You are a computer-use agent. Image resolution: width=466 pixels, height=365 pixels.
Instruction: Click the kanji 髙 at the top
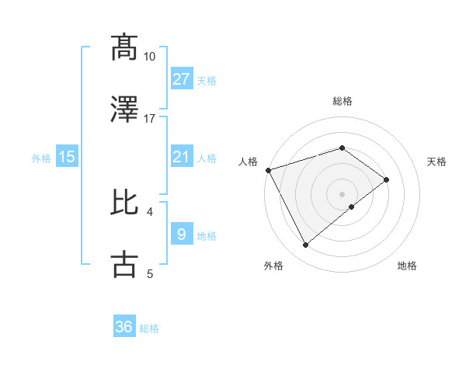pos(125,47)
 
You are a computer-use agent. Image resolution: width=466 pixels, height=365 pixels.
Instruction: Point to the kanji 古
pos(125,263)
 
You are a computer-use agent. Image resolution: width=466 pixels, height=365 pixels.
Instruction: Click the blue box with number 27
pos(182,79)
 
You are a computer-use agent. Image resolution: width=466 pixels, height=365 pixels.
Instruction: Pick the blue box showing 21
pos(181,157)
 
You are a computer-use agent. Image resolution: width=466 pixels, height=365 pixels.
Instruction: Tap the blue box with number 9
pos(181,235)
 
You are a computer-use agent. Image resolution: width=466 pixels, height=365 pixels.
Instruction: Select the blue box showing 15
pos(67,157)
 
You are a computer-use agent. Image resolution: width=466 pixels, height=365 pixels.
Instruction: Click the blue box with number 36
pos(124,327)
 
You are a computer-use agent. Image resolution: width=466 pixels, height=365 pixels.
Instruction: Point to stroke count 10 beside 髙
pos(149,57)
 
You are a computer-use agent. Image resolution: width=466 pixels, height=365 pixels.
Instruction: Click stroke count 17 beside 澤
pos(149,119)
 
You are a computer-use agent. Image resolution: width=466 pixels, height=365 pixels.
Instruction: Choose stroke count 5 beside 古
pos(150,273)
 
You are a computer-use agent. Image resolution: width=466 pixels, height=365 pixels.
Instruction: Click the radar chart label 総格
pos(342,102)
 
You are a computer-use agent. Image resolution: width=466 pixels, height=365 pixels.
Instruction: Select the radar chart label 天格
pos(437,162)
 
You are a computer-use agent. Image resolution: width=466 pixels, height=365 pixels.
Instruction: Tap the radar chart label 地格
pos(407,266)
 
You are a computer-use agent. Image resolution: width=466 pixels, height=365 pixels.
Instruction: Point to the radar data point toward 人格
pos(268,170)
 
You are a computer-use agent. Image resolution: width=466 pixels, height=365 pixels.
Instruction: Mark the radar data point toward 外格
pos(305,245)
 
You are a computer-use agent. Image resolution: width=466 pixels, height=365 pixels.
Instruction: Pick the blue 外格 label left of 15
pos(41,158)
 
